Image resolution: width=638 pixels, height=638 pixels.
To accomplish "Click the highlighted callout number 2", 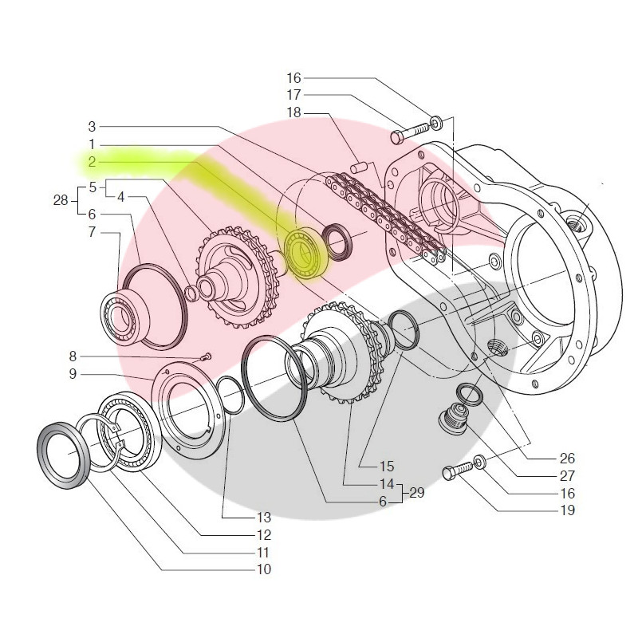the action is (x=92, y=162).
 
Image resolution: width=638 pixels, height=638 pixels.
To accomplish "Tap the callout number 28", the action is (x=61, y=200).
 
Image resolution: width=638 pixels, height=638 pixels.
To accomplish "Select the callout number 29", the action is (x=416, y=493).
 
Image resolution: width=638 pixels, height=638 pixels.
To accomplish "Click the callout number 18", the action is (x=293, y=112).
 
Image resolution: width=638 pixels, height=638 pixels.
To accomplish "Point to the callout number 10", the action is (x=264, y=569).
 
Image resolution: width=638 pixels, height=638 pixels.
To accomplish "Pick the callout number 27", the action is (x=567, y=475).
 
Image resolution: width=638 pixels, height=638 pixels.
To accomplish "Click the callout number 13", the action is (x=264, y=518).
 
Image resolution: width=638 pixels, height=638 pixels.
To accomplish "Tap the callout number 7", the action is (x=93, y=232).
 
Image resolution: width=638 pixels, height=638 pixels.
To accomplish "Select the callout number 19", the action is (x=567, y=510).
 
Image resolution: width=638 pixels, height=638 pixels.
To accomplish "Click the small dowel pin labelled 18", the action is (x=359, y=167).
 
